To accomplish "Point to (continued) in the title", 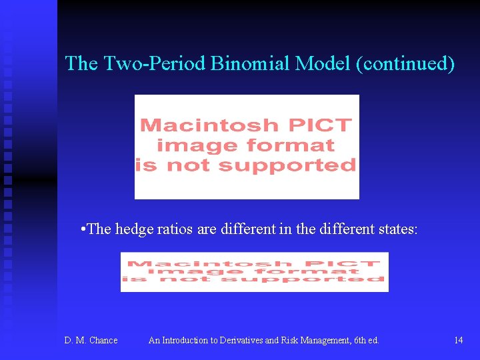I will coord(406,64).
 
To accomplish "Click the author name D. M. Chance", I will coord(91,341).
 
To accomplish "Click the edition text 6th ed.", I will coord(365,341).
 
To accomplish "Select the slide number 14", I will coord(458,341).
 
